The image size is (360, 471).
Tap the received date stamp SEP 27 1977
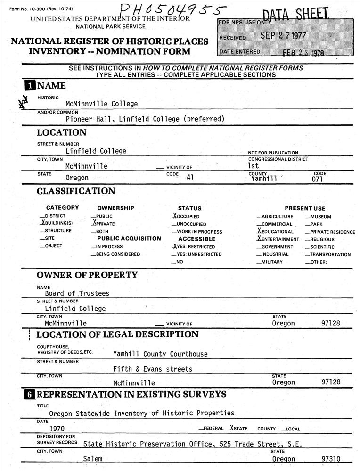point(283,36)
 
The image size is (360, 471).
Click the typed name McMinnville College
point(102,104)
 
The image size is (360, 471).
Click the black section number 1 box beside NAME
point(30,86)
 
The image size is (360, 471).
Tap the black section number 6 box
point(30,394)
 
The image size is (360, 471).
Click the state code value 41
point(190,178)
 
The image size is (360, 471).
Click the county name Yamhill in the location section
point(264,179)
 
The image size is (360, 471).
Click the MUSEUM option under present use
point(320,217)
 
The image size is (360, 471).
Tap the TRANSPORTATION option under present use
point(330,254)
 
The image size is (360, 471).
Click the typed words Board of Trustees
point(77,293)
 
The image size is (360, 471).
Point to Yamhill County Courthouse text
point(160,354)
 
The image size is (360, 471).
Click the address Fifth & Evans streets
point(153,369)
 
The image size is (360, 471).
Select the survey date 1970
point(57,429)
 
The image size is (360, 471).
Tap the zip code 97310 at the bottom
point(331,459)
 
